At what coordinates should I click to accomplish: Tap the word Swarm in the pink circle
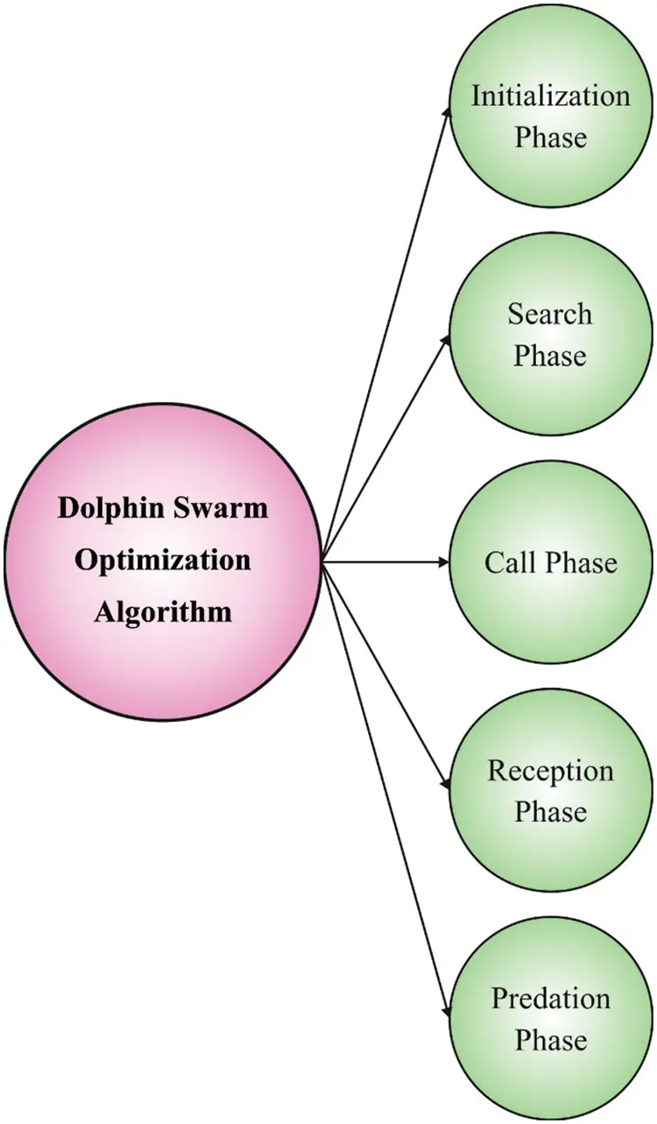point(220,509)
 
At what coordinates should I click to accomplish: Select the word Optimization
point(163,560)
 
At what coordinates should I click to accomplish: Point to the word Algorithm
point(163,611)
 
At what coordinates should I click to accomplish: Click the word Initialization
point(550,95)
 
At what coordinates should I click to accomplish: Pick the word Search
point(550,314)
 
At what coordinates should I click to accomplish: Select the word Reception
point(550,771)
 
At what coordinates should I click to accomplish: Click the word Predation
point(550,998)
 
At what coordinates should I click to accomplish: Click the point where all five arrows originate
point(322,562)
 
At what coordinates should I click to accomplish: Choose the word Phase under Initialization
point(550,138)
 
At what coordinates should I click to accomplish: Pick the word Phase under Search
point(550,356)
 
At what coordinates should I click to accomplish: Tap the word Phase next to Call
point(579,562)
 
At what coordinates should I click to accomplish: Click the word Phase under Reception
point(550,812)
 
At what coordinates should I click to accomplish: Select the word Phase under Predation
point(550,1040)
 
